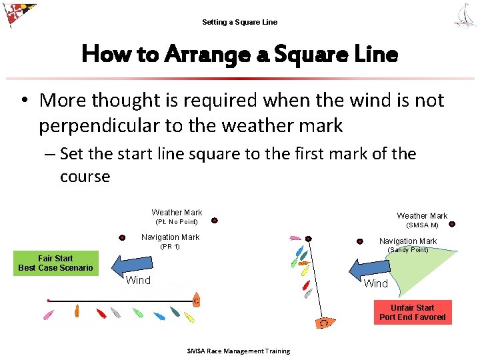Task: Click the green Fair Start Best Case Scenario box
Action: pyautogui.click(x=55, y=263)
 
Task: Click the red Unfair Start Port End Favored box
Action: pyautogui.click(x=412, y=313)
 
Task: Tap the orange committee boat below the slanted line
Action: pyautogui.click(x=325, y=323)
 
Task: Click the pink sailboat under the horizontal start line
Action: pyautogui.click(x=49, y=314)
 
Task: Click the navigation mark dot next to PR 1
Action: pyautogui.click(x=123, y=237)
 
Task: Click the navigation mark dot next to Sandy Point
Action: pyautogui.click(x=359, y=241)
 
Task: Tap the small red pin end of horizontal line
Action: pyautogui.click(x=48, y=301)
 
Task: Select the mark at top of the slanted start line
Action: pyautogui.click(x=308, y=238)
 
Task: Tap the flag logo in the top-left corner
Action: pyautogui.click(x=19, y=15)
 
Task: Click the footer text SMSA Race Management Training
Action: pyautogui.click(x=239, y=351)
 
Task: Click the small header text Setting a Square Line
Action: pyautogui.click(x=239, y=22)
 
